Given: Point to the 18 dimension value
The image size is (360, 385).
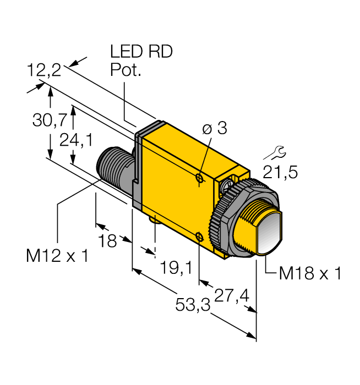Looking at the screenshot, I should click(108, 240).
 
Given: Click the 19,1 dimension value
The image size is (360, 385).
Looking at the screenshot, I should click(176, 267).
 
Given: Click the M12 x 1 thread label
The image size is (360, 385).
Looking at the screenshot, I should click(57, 256).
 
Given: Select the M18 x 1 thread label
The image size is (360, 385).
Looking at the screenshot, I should click(310, 273).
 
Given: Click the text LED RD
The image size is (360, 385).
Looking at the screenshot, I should click(141, 52).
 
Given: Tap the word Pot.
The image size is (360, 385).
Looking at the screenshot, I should click(126, 70).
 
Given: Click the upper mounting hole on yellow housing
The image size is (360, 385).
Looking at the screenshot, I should click(199, 177).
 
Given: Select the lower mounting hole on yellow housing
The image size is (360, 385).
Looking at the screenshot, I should click(199, 238).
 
